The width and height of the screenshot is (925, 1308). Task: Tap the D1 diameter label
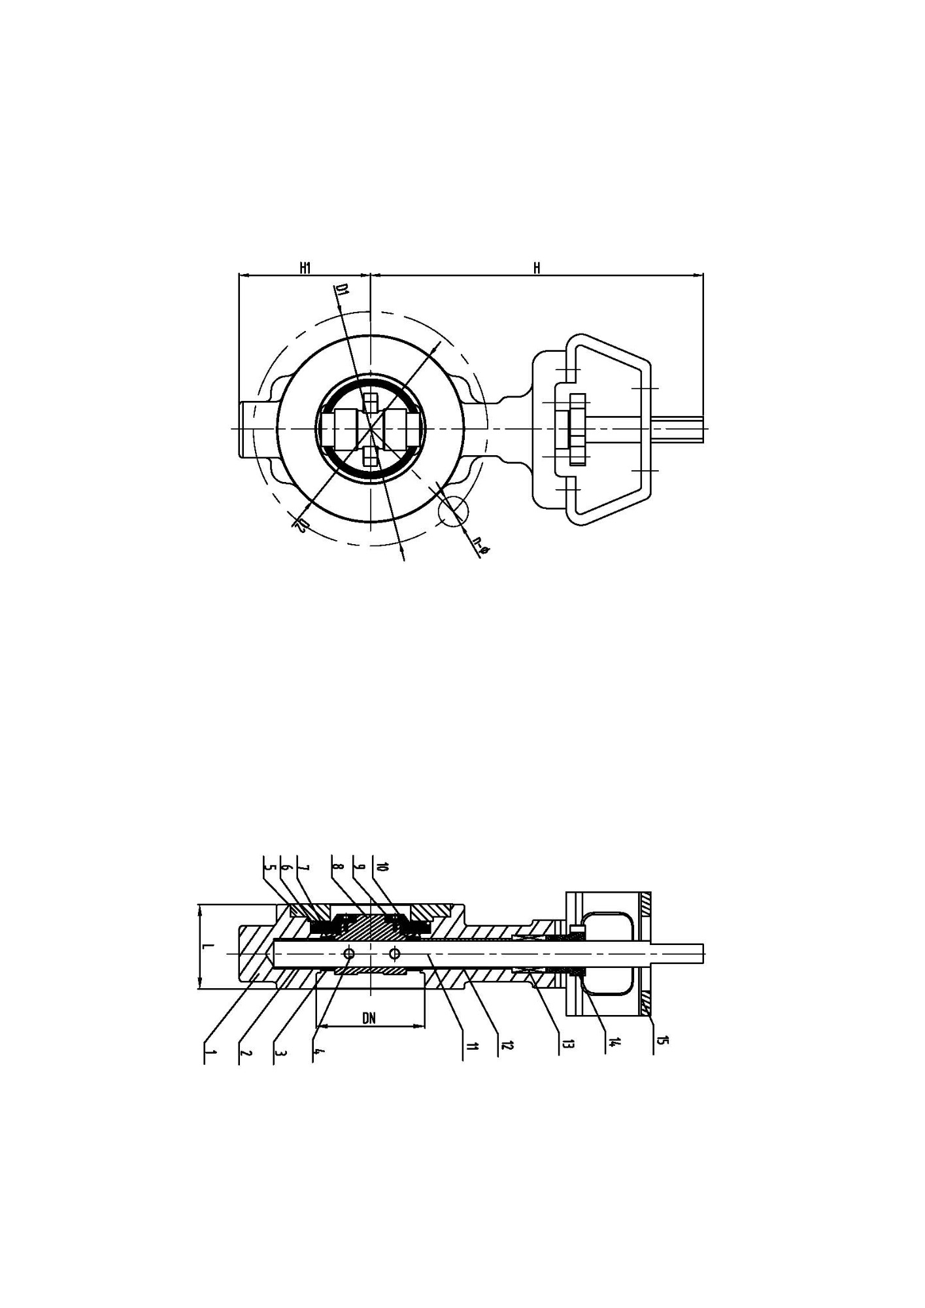click(x=341, y=291)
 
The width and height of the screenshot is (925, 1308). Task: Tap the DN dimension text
click(x=369, y=1018)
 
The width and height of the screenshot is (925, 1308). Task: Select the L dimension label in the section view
click(x=205, y=946)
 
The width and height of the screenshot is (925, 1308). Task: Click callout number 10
click(x=383, y=867)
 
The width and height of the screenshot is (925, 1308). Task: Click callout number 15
click(x=662, y=1040)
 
